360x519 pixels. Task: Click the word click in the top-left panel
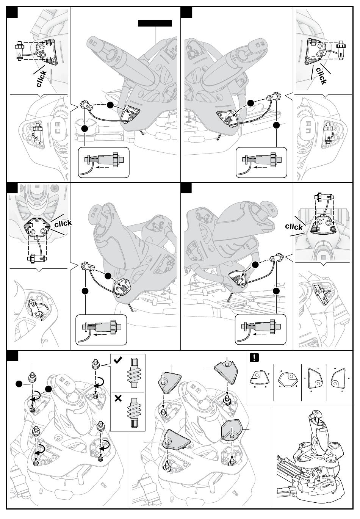[x=42, y=78]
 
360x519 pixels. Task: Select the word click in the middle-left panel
[x=63, y=223]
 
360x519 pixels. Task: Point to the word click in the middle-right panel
[x=294, y=227]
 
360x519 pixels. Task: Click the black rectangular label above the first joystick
[x=155, y=23]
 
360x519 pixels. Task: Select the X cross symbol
[x=118, y=398]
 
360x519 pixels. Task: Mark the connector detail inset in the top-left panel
[x=103, y=162]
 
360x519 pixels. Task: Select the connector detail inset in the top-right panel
[x=261, y=162]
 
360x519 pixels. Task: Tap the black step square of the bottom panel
[x=13, y=356]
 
